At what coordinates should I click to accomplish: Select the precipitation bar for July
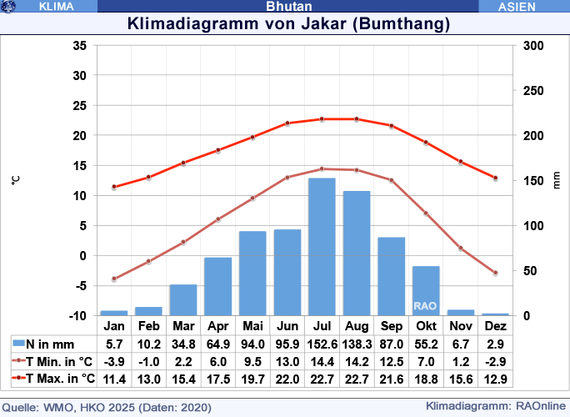pyautogui.click(x=322, y=247)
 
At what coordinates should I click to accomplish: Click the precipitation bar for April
pyautogui.click(x=217, y=286)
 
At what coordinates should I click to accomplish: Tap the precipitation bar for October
pyautogui.click(x=426, y=290)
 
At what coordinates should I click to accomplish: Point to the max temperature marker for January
pyautogui.click(x=114, y=187)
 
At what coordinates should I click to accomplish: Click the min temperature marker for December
pyautogui.click(x=495, y=273)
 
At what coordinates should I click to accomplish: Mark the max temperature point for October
pyautogui.click(x=426, y=143)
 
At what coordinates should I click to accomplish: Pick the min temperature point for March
pyautogui.click(x=183, y=242)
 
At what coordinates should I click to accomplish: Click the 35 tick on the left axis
pyautogui.click(x=80, y=45)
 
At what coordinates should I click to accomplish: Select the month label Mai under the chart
pyautogui.click(x=252, y=325)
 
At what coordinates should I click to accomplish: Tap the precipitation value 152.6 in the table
pyautogui.click(x=322, y=344)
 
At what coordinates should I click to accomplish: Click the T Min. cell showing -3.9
pyautogui.click(x=114, y=361)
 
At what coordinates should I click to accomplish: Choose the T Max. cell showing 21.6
pyautogui.click(x=391, y=379)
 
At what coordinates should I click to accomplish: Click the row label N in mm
pyautogui.click(x=50, y=344)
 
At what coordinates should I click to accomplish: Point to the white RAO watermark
pyautogui.click(x=425, y=306)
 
